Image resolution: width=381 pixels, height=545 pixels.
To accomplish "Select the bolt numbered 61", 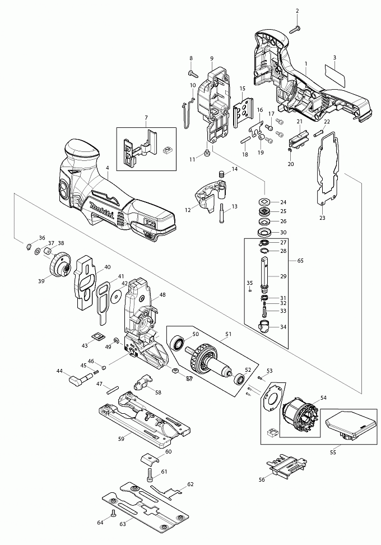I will point(150,476).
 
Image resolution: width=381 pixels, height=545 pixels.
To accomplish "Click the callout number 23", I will point(322,218).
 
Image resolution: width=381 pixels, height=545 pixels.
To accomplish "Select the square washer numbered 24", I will point(263,202).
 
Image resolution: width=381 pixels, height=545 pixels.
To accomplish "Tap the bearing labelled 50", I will point(179,343).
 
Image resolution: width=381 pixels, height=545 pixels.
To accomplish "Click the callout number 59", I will point(120,438).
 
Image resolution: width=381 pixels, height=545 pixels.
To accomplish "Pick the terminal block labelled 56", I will point(285,467).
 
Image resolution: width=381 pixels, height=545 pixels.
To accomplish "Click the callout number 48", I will point(162,294).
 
